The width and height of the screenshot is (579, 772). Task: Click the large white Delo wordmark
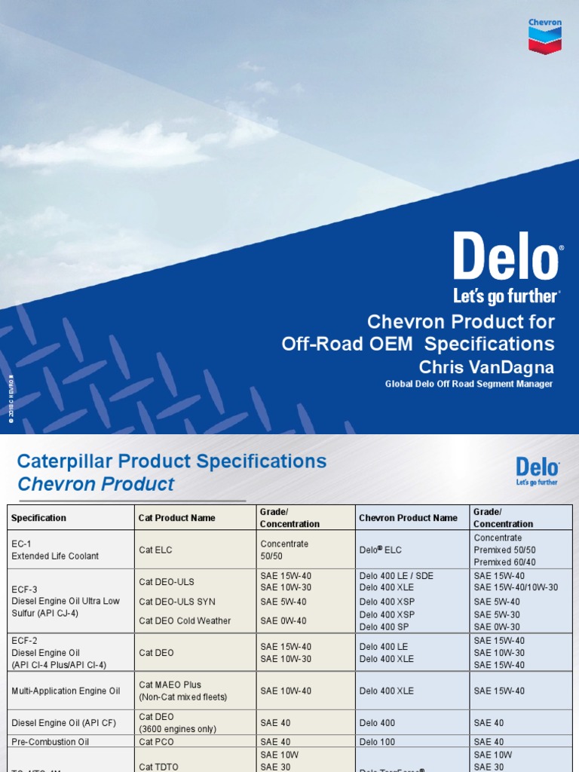coord(507,256)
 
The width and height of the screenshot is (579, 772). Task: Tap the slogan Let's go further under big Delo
coord(506,296)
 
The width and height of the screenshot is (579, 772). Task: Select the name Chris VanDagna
coord(486,367)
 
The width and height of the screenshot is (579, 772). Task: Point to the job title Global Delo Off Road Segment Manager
coord(469,384)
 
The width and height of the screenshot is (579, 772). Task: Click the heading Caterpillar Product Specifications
coord(172,461)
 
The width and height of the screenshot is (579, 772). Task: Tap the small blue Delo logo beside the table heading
coord(537,470)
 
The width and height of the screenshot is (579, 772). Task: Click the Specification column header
coord(38,518)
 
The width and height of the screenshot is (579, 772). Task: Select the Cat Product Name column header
coord(177,518)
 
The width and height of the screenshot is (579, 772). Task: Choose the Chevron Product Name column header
coord(408,518)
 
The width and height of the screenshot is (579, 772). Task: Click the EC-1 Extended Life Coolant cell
coord(55,550)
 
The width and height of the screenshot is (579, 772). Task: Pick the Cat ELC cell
coord(157,550)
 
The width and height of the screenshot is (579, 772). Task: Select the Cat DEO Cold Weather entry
coord(185,620)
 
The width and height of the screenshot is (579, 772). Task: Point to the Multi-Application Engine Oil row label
coord(66,691)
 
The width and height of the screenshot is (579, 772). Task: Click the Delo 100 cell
coord(377,742)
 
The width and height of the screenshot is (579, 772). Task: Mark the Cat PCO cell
coord(157,742)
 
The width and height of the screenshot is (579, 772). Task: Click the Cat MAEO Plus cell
coord(170,685)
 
